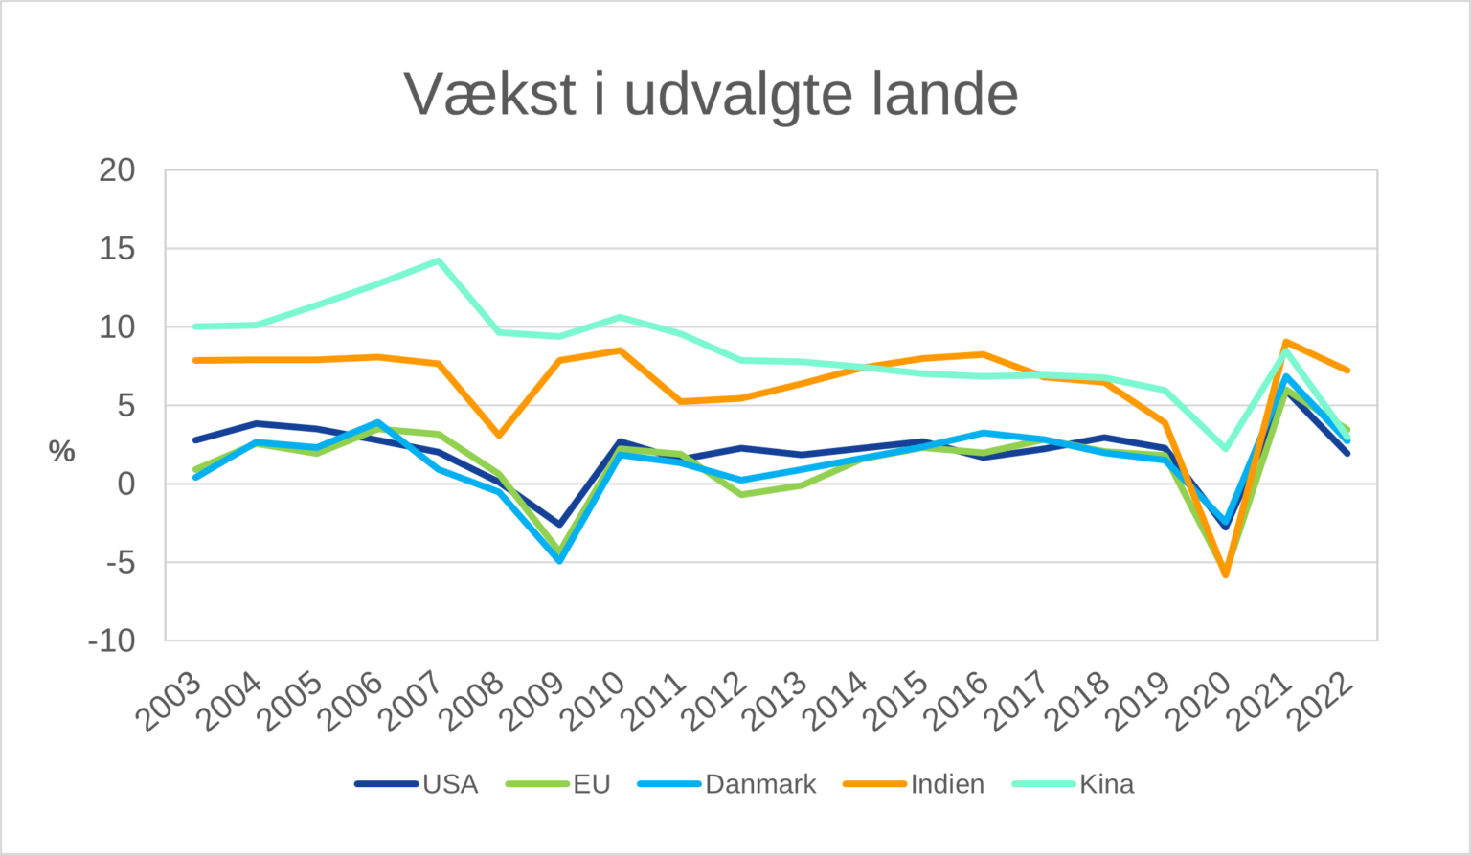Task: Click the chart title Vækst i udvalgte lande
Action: point(711,94)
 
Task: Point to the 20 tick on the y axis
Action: point(118,170)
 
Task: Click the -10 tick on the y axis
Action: point(112,641)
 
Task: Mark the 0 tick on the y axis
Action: point(126,484)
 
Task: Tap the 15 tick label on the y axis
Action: point(118,249)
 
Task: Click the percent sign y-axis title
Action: point(62,451)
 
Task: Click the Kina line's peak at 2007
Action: point(439,260)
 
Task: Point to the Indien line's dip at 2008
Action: point(499,436)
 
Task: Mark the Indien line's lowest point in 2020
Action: point(1225,574)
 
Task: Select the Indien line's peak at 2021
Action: point(1285,342)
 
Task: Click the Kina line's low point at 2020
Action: point(1225,448)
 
